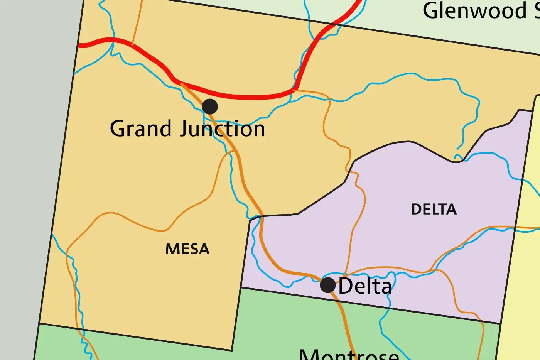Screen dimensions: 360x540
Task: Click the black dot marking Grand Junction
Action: click(x=209, y=106)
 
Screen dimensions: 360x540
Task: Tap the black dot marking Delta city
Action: click(x=328, y=285)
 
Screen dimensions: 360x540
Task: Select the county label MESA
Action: click(x=187, y=249)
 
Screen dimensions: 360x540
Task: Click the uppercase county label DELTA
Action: click(x=434, y=210)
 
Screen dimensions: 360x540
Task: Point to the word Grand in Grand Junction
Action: click(x=140, y=128)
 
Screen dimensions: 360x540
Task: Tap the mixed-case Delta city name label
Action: click(x=365, y=286)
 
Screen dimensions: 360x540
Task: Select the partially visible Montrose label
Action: click(x=349, y=354)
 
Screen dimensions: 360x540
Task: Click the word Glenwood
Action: click(x=474, y=10)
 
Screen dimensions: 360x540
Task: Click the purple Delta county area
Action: click(x=405, y=239)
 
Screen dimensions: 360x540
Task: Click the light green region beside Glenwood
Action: click(x=386, y=15)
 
